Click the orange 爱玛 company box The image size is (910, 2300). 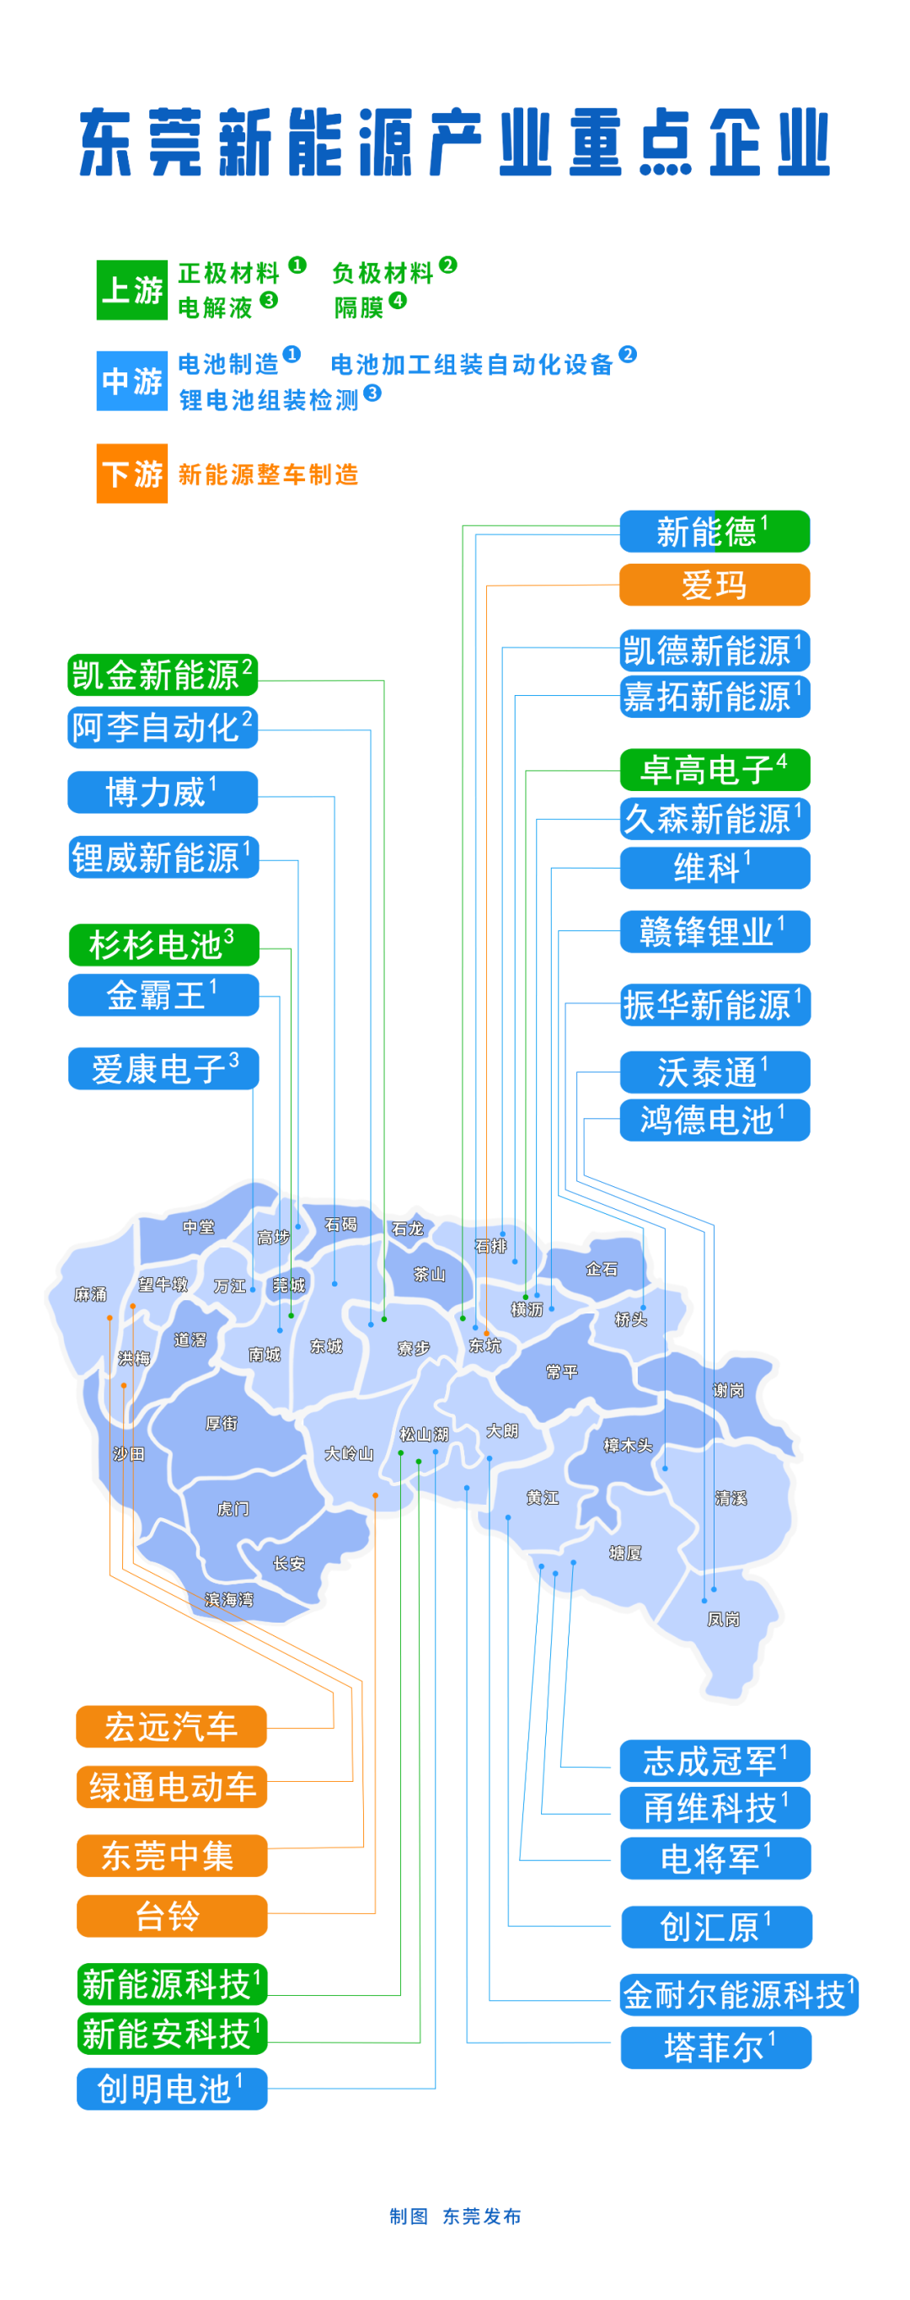point(715,585)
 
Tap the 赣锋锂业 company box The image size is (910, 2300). point(715,931)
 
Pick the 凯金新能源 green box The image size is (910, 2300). point(163,675)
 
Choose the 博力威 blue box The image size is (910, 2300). point(163,792)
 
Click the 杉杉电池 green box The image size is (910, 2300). point(163,944)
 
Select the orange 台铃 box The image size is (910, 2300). point(171,1915)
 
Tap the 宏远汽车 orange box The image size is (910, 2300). point(171,1726)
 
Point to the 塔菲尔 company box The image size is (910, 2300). point(716,2047)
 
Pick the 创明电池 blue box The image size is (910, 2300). point(171,2089)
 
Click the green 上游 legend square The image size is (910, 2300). point(131,290)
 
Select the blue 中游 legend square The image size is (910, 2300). point(131,382)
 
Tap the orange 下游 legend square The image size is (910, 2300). point(131,473)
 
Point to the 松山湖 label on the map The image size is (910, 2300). point(423,1434)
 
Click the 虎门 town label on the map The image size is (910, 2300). point(233,1509)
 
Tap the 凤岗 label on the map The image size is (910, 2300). point(722,1618)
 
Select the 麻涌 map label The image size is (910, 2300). point(90,1294)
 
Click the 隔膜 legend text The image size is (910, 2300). point(359,308)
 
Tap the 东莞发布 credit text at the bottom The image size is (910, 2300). point(481,2216)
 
